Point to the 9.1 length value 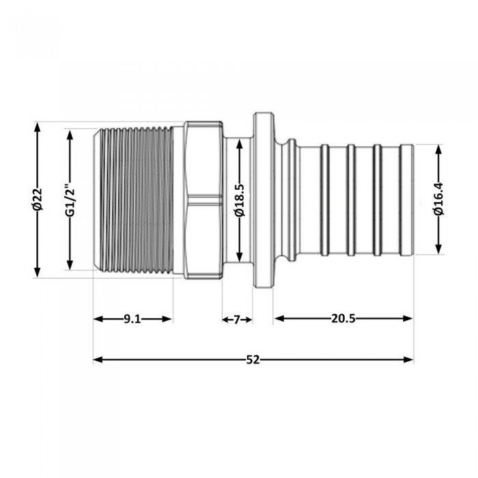(x=132, y=319)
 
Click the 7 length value (x=237, y=319)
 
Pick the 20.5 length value (x=343, y=319)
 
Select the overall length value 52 (x=253, y=359)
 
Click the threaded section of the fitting (x=133, y=200)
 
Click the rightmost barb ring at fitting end (x=407, y=199)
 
